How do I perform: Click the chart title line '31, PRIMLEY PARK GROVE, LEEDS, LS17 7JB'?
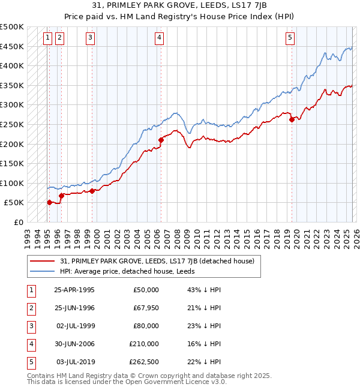point(180,5)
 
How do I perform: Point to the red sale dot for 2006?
point(161,140)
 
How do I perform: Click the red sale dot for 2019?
point(292,119)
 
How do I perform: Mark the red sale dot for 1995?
point(49,202)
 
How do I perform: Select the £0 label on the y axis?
point(18,223)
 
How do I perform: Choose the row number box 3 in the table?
point(30,326)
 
